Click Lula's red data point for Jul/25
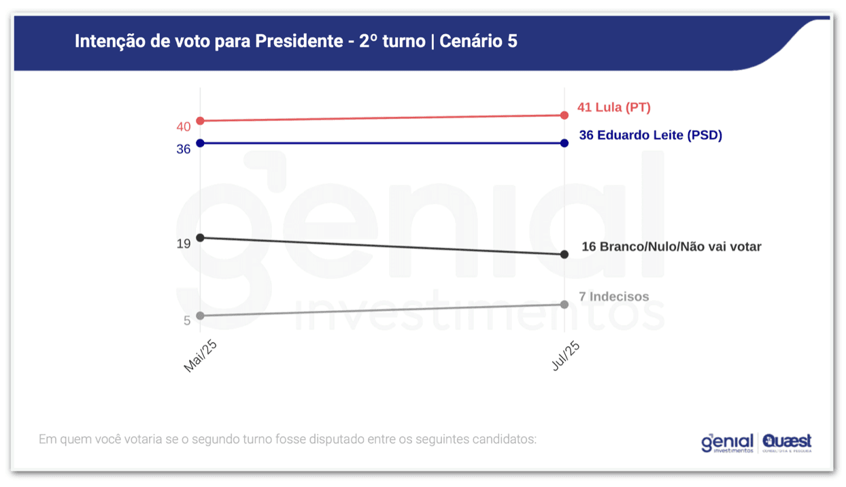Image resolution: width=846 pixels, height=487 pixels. pyautogui.click(x=564, y=116)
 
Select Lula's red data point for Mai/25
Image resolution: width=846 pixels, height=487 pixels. pyautogui.click(x=200, y=121)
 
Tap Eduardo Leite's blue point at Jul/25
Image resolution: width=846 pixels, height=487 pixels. pyautogui.click(x=564, y=143)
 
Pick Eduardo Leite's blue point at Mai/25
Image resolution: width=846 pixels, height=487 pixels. pyautogui.click(x=200, y=143)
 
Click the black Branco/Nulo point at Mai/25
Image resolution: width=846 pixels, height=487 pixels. pyautogui.click(x=200, y=237)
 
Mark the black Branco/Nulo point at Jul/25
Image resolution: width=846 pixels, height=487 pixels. pyautogui.click(x=564, y=254)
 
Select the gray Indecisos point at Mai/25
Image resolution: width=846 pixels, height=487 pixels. pyautogui.click(x=200, y=316)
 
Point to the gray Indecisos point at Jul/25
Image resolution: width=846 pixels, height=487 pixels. pyautogui.click(x=564, y=304)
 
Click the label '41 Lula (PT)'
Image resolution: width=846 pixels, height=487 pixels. pyautogui.click(x=613, y=107)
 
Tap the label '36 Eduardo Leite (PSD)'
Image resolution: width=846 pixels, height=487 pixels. pyautogui.click(x=650, y=135)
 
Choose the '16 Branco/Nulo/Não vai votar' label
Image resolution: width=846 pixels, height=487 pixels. pyautogui.click(x=671, y=247)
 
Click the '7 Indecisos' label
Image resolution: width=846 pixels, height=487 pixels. pyautogui.click(x=613, y=297)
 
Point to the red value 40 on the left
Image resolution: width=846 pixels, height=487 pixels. pyautogui.click(x=184, y=127)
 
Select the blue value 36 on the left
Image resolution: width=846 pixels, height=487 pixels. pyautogui.click(x=184, y=149)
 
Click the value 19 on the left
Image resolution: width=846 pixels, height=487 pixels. pyautogui.click(x=184, y=244)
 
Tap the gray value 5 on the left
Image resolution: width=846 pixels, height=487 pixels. pyautogui.click(x=187, y=320)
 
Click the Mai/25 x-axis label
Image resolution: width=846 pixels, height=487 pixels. pyautogui.click(x=201, y=356)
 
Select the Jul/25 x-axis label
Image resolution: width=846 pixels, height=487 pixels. pyautogui.click(x=566, y=356)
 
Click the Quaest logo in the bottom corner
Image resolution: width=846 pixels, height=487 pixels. pyautogui.click(x=787, y=443)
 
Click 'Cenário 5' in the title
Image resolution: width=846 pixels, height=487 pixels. pyautogui.click(x=478, y=41)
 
